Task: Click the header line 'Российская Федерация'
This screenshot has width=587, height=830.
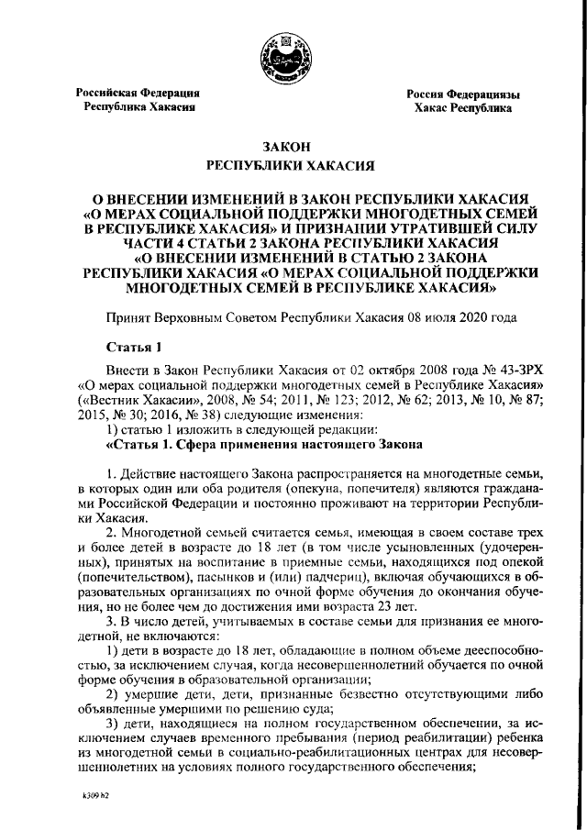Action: [138, 93]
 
